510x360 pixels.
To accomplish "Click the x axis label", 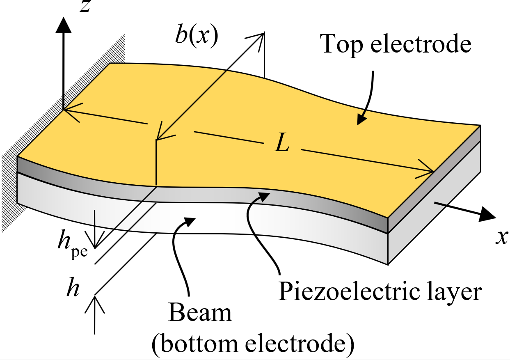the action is (x=502, y=237).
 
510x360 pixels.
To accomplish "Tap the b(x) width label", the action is (x=197, y=37).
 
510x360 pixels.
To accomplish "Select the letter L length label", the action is (x=282, y=142).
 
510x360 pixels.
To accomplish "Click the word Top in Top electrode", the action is (x=341, y=45).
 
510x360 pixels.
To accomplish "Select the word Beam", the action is (x=200, y=313).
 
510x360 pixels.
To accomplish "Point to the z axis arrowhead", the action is (x=64, y=25).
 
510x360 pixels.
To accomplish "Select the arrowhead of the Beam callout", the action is (x=189, y=222).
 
